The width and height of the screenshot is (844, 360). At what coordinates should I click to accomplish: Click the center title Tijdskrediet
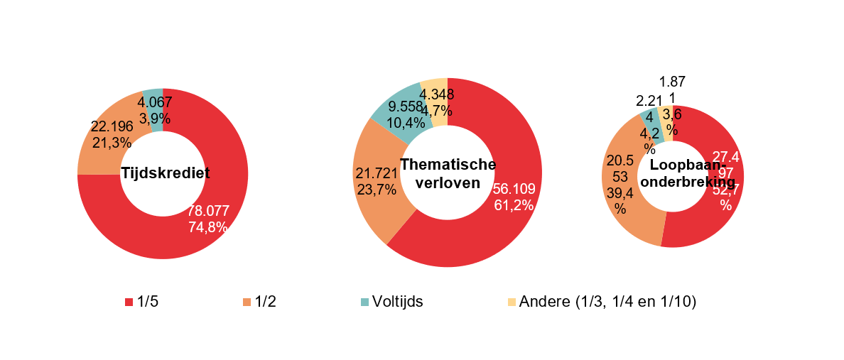pos(165,173)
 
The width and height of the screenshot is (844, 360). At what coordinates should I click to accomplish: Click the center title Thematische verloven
pos(448,173)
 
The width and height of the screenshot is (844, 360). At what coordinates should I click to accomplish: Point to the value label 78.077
pos(208,211)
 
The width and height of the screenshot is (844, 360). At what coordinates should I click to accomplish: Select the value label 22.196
pos(112,126)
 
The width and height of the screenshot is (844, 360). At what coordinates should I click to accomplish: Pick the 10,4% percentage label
pos(406,123)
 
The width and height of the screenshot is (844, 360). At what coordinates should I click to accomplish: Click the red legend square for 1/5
pos(129,302)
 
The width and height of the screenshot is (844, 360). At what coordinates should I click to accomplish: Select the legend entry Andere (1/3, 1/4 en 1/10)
pos(607,302)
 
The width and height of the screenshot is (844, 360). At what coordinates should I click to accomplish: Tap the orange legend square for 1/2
pos(247,302)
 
